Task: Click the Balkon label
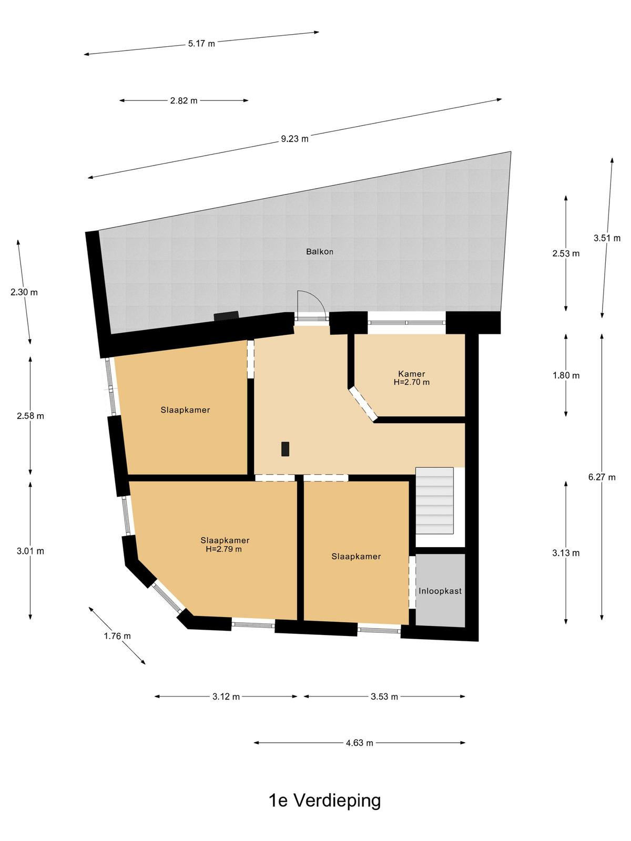click(x=320, y=252)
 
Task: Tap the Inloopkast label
click(x=440, y=591)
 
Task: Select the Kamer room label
click(x=412, y=374)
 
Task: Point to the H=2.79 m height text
click(x=224, y=549)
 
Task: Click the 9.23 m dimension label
click(x=294, y=139)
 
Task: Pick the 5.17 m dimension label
click(x=201, y=44)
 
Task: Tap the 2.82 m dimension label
click(x=184, y=101)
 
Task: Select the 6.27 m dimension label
click(x=602, y=477)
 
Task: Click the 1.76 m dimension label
click(x=117, y=636)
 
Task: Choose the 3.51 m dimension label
click(x=607, y=238)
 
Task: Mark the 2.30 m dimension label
click(x=24, y=292)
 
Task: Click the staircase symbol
click(x=434, y=500)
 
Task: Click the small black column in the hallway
click(x=285, y=449)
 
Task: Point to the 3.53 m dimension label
click(x=384, y=696)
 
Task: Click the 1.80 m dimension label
click(x=566, y=375)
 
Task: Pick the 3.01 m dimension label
click(x=30, y=551)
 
